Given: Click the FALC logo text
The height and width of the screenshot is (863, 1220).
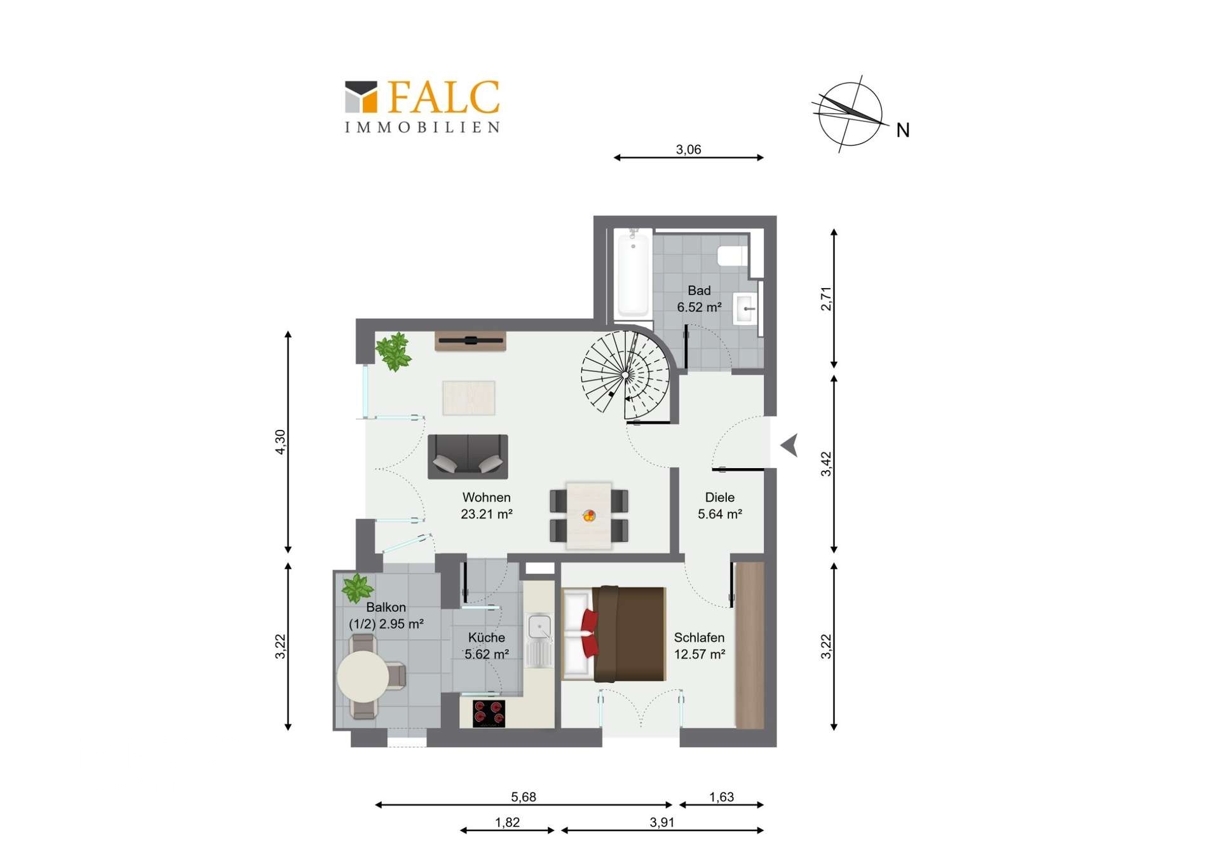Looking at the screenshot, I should (x=443, y=97).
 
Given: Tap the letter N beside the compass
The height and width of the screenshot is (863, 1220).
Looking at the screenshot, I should (x=902, y=130).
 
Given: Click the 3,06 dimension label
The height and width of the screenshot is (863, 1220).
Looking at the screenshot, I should (x=688, y=149).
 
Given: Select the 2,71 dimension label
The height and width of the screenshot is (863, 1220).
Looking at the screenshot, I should (x=825, y=298).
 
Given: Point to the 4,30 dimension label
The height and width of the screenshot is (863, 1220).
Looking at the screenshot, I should (x=280, y=441).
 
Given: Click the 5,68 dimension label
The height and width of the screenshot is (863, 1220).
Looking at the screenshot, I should (x=524, y=797).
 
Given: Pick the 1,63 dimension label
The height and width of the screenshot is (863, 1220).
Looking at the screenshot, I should (x=721, y=797).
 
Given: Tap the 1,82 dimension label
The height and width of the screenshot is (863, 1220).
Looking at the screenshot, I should (x=507, y=822).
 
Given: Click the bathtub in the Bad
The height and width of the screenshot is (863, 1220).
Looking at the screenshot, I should (x=633, y=275).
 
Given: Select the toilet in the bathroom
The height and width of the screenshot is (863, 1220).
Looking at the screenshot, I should (x=732, y=256).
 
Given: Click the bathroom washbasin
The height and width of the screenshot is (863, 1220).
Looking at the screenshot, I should (x=746, y=309).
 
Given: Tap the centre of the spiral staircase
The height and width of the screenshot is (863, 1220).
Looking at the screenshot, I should (x=626, y=376).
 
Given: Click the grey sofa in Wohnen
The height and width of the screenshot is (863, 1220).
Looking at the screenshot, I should (x=468, y=456).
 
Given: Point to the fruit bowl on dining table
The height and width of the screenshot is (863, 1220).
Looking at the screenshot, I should (x=589, y=515).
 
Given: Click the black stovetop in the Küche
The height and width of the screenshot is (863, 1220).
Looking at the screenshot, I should (x=489, y=714).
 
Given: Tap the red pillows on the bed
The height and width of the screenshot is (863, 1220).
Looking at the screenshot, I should (x=589, y=632).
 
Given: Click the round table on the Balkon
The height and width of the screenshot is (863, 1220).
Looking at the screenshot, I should (x=363, y=676).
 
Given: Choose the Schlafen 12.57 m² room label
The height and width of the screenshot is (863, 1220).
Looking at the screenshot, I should (x=699, y=646).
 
